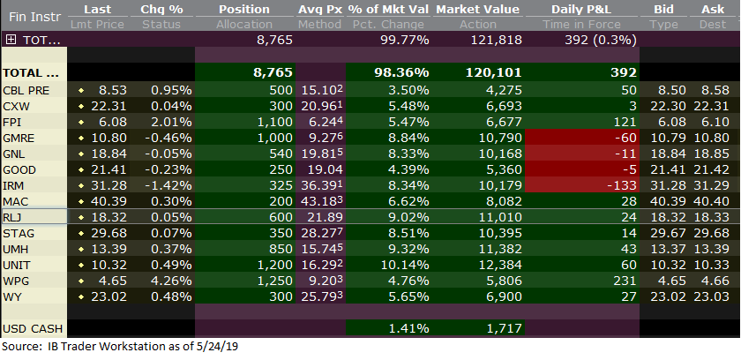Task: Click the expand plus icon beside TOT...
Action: [x=10, y=41]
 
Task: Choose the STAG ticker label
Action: [x=19, y=233]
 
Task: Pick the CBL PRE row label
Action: [x=26, y=91]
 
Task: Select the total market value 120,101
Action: [x=498, y=74]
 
